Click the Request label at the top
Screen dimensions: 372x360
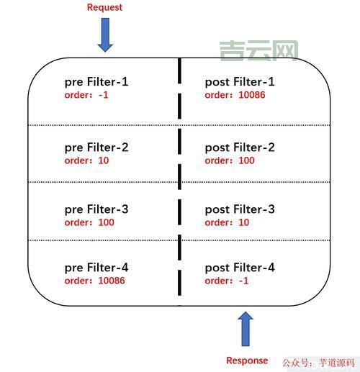click(104, 7)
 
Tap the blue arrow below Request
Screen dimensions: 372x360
click(105, 35)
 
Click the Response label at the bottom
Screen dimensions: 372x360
click(247, 360)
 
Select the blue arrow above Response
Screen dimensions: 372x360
click(246, 329)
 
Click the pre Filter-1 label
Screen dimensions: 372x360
click(96, 82)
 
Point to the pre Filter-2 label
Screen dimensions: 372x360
click(96, 148)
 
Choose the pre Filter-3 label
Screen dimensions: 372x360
click(96, 209)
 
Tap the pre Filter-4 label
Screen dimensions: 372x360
click(96, 268)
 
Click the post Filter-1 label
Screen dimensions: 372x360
click(240, 82)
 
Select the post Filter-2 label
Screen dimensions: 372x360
click(240, 148)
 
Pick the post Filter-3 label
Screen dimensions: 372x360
click(240, 209)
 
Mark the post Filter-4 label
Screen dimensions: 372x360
click(240, 268)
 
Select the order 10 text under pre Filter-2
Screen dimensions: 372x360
click(86, 160)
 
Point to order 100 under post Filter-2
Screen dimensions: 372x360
click(230, 160)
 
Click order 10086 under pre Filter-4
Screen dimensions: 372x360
click(94, 281)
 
